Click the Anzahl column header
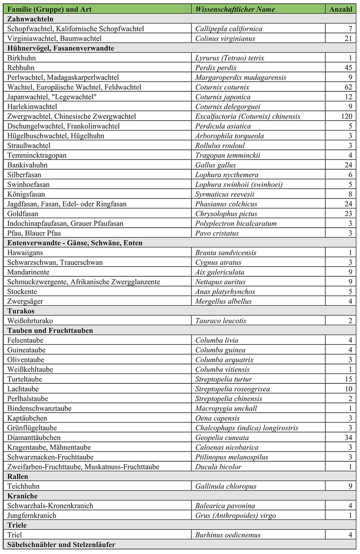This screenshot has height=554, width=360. [341, 9]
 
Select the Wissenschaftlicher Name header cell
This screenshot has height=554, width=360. [235, 9]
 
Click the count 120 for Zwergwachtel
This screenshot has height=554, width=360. [344, 117]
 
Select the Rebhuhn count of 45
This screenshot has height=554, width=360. [346, 68]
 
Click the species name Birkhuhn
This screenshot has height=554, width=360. [21, 58]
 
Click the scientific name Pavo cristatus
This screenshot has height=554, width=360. [217, 233]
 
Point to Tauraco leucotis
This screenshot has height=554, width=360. [220, 321]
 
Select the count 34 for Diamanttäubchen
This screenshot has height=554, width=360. [346, 437]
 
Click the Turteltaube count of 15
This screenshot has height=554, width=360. [346, 379]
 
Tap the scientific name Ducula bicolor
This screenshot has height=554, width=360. [218, 467]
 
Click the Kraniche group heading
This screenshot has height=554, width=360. [22, 496]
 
